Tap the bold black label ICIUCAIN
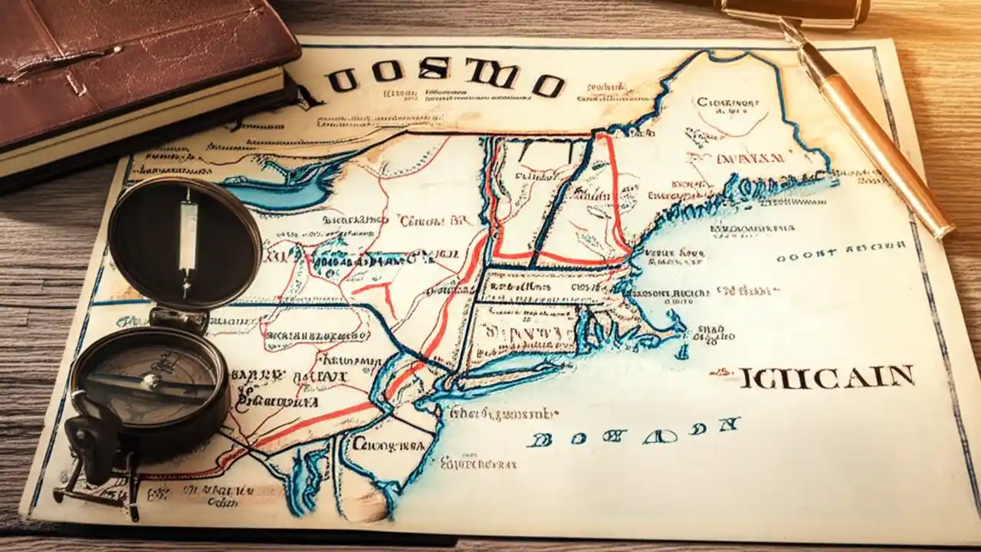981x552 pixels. pos(826,377)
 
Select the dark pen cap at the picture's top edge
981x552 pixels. pos(797,9)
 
